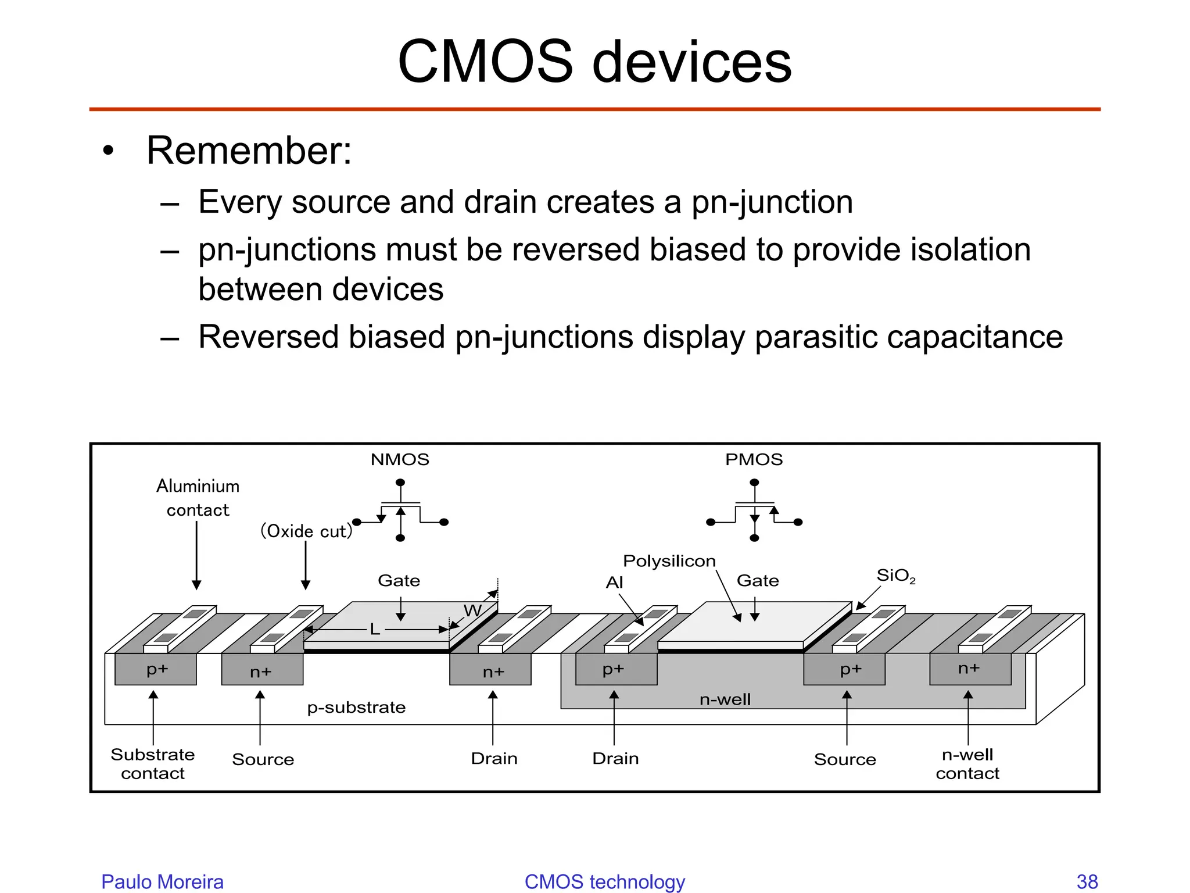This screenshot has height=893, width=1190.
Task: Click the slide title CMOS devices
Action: [594, 61]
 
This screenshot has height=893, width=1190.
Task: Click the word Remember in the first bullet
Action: [249, 151]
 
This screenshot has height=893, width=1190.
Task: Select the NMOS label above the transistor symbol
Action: [400, 459]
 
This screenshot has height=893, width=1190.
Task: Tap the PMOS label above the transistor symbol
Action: [754, 459]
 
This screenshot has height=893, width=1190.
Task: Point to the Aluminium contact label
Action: [198, 498]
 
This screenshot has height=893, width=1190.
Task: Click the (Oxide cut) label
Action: [306, 531]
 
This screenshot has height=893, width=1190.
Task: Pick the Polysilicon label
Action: [669, 561]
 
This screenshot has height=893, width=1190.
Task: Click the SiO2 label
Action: [895, 576]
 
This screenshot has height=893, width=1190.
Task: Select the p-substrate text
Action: [356, 708]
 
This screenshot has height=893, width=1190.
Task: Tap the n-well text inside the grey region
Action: [725, 699]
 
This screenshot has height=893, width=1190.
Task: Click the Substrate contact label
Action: [153, 763]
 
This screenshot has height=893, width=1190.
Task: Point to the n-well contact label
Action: [967, 763]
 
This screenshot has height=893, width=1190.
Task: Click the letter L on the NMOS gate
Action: [375, 629]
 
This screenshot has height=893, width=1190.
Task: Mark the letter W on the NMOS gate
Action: [472, 610]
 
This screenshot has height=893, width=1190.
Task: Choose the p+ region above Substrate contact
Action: [156, 669]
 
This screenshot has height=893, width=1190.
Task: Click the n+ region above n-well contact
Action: [969, 669]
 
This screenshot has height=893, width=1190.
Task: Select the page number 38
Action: [1087, 881]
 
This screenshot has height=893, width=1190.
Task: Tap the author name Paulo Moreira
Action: [162, 881]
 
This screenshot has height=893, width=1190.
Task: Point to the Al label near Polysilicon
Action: [614, 582]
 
